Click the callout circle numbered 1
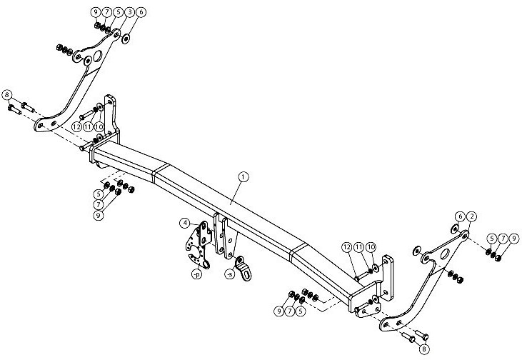point(244,177)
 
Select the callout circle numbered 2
point(471,216)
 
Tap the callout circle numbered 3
point(130,12)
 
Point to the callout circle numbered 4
point(185,223)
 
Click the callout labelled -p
point(197,274)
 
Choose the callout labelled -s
point(229,274)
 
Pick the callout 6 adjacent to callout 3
point(141,12)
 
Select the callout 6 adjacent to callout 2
point(460,216)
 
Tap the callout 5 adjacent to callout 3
point(119,12)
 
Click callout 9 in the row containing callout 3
point(96,12)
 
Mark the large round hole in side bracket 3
point(98,56)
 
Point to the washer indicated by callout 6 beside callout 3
point(126,39)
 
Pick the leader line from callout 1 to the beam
point(236,191)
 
